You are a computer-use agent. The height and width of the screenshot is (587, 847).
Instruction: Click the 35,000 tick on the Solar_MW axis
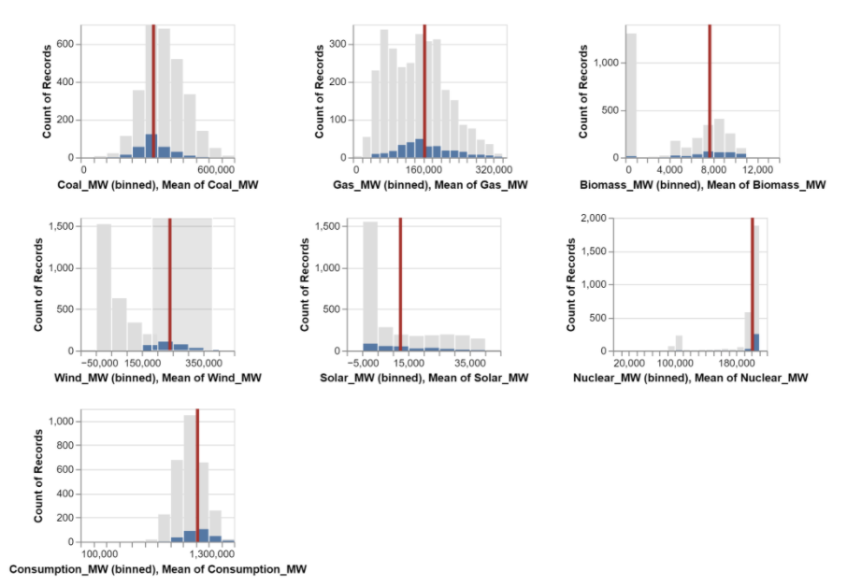470,363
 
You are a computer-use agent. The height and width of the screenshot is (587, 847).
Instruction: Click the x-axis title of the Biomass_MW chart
703,185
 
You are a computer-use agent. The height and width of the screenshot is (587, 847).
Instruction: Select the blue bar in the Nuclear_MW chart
756,342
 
